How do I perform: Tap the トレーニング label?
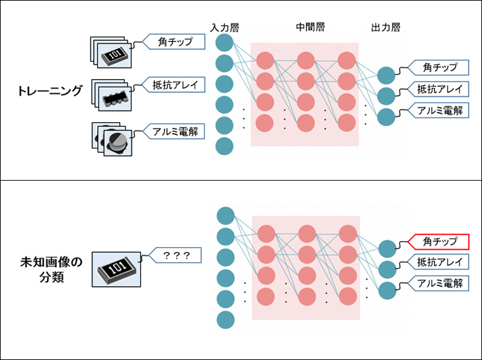pos(50,91)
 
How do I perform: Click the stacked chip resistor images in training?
pos(111,52)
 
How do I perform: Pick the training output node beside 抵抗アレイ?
pos(386,96)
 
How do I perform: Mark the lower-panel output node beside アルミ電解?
pos(386,289)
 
